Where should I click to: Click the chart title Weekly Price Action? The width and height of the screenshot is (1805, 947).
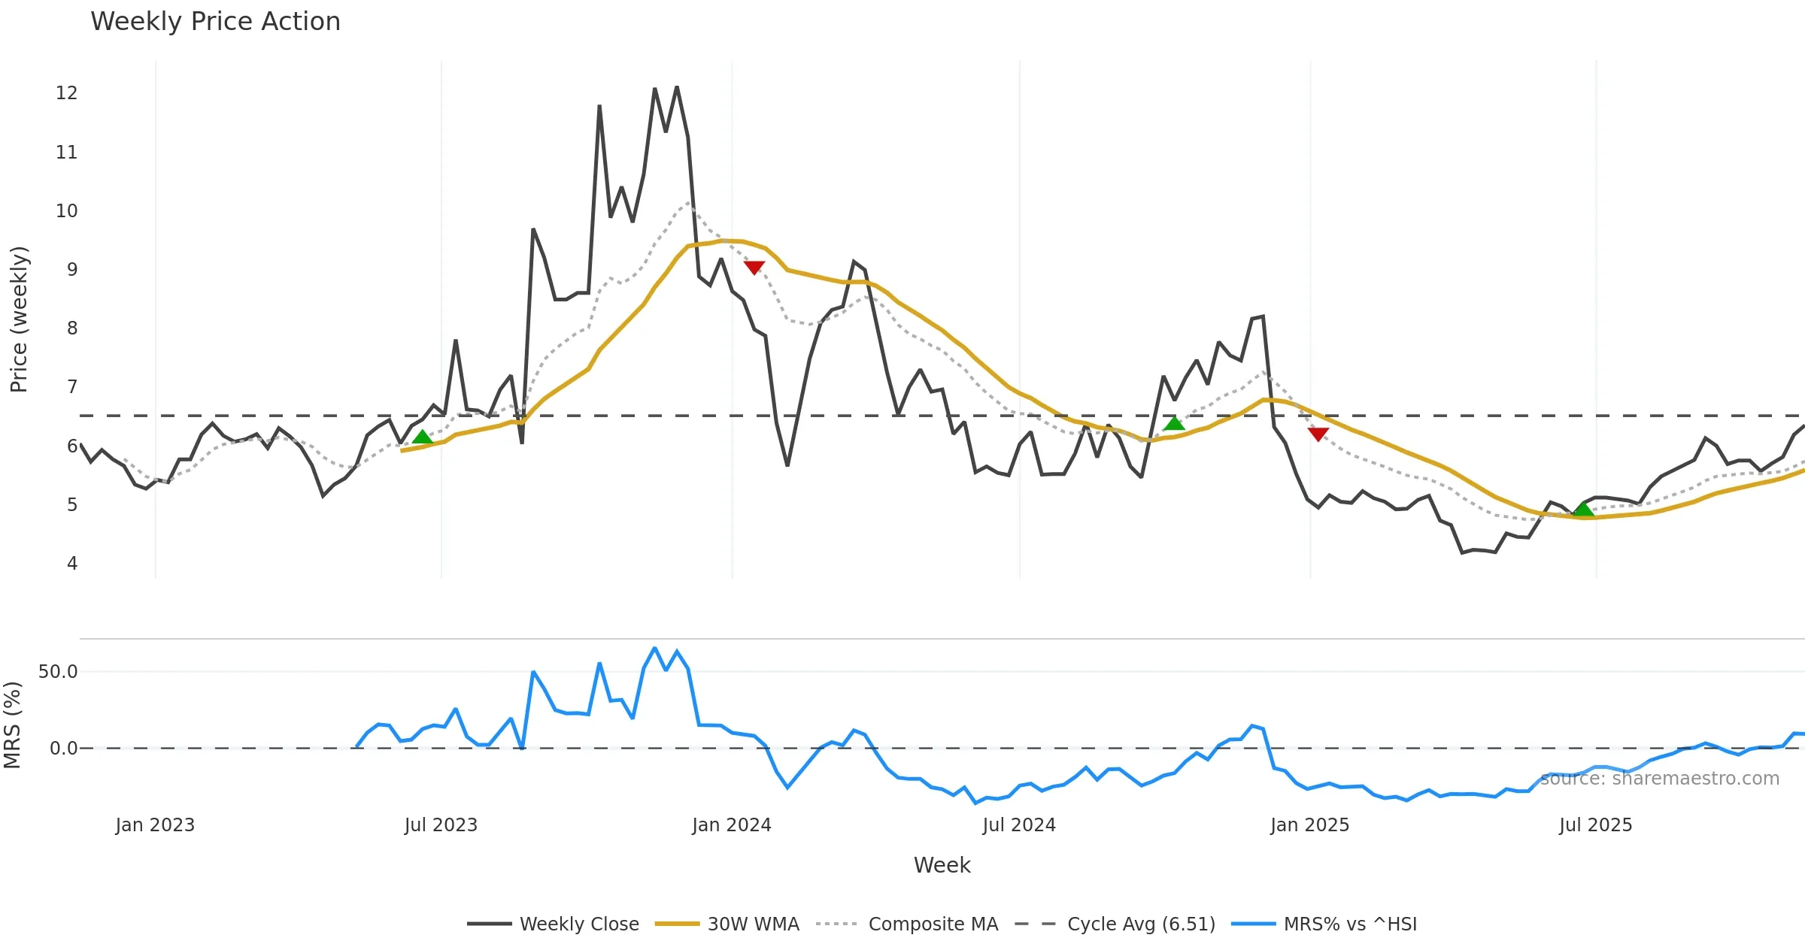click(x=215, y=22)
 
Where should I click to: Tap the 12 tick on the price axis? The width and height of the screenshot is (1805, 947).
click(x=67, y=93)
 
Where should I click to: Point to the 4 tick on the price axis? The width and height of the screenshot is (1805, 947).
click(x=72, y=564)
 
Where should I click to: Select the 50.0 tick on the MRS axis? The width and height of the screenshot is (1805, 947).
click(x=58, y=672)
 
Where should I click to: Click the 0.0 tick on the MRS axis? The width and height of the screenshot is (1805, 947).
click(x=63, y=749)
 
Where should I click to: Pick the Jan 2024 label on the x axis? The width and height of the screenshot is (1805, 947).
click(x=732, y=825)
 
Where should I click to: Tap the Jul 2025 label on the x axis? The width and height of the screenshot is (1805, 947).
click(x=1595, y=825)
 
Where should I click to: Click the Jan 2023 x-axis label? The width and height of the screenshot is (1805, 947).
click(x=155, y=825)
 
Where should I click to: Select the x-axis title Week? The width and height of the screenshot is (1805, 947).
click(x=942, y=866)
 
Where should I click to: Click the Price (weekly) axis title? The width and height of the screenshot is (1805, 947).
click(x=19, y=319)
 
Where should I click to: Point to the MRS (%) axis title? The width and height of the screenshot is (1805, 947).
click(x=13, y=725)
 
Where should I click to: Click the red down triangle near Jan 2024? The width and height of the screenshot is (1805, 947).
click(x=754, y=268)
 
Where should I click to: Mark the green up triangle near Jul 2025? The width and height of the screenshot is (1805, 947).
click(x=1584, y=510)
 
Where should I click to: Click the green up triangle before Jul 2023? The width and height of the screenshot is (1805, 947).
click(x=423, y=437)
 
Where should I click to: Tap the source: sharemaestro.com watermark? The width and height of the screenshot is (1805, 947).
click(x=1660, y=779)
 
